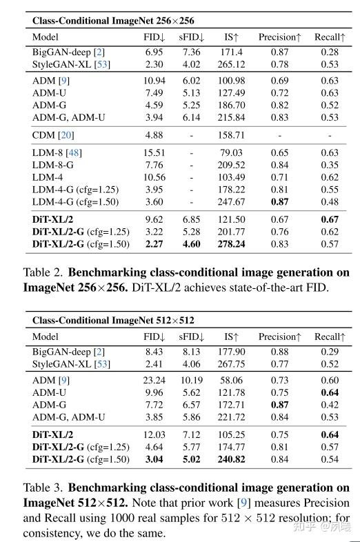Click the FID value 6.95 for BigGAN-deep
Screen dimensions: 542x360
(x=153, y=52)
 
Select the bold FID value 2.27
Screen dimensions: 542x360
(x=153, y=244)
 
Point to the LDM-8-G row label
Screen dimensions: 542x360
(x=54, y=165)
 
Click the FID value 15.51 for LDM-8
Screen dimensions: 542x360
(x=153, y=152)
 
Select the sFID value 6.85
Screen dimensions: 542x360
(x=191, y=219)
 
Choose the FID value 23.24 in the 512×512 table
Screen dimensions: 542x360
(x=153, y=380)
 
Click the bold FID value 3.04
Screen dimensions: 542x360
(x=153, y=459)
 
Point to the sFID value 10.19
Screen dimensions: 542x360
(x=191, y=380)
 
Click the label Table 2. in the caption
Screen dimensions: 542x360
(x=43, y=272)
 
